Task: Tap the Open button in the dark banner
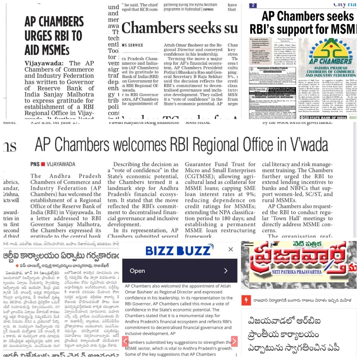coord(137,271)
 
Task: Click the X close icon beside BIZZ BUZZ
coord(231,249)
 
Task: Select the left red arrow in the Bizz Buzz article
coord(125,341)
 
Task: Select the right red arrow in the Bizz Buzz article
coord(234,341)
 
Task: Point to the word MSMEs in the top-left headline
coord(47,50)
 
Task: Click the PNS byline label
coord(35,164)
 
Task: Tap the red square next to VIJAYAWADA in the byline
coord(43,164)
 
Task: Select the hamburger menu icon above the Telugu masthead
coord(249,244)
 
